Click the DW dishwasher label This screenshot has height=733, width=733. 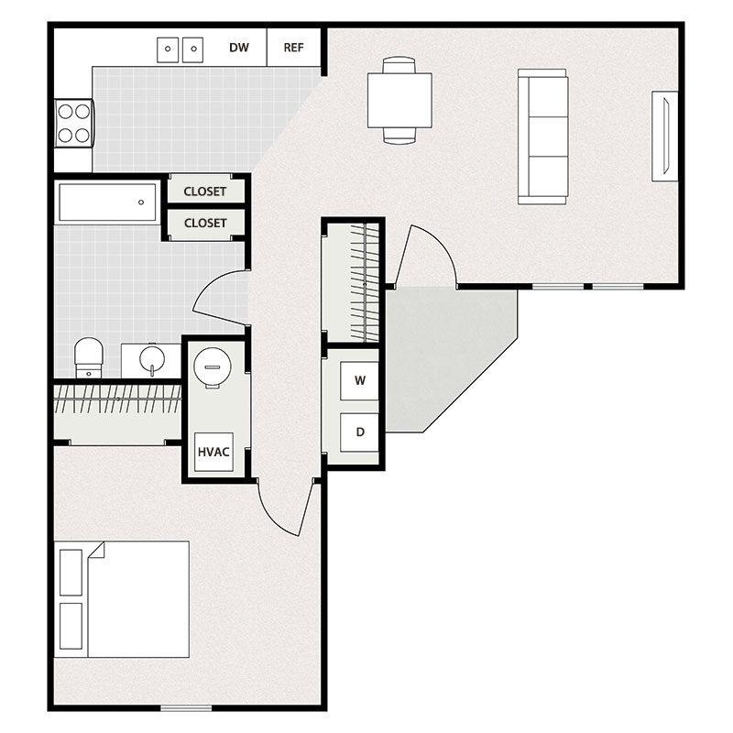[239, 48]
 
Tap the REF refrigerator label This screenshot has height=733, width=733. [293, 48]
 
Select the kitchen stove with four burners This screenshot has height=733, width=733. [73, 123]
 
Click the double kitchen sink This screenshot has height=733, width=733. [180, 49]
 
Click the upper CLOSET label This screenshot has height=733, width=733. [205, 191]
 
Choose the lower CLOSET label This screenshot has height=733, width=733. [205, 223]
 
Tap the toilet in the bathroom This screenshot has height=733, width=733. [88, 356]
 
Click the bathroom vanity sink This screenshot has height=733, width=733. [152, 359]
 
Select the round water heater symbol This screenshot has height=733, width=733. [213, 368]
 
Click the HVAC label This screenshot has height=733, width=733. [213, 452]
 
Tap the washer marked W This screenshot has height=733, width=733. [360, 381]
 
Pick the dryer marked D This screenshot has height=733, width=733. [360, 431]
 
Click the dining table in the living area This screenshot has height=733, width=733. [399, 100]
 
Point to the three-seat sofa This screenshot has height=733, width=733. [542, 136]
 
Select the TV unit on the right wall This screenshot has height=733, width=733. [664, 136]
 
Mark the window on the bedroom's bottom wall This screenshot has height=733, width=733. [186, 707]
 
